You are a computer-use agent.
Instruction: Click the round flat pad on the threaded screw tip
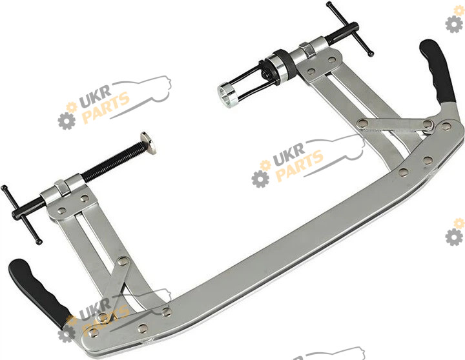pyautogui.click(x=149, y=143)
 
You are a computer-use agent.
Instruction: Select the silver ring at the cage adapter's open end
pyautogui.click(x=227, y=95)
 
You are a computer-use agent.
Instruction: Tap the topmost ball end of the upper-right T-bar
pyautogui.click(x=329, y=4)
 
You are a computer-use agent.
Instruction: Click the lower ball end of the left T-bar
pyautogui.click(x=38, y=242)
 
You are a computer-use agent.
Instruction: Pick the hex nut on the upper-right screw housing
pyautogui.click(x=306, y=49)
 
